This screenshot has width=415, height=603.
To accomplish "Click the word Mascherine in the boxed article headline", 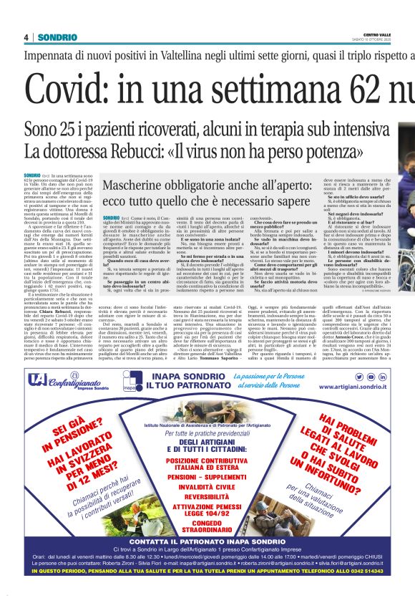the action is (137, 187).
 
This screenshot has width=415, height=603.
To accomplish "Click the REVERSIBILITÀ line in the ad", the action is (207, 496).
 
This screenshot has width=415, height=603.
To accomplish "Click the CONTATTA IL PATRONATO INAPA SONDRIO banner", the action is (207, 561).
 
